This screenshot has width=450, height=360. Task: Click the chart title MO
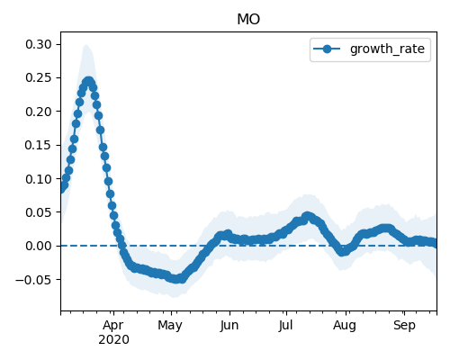tap(248, 19)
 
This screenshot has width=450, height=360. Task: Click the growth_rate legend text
tap(387, 49)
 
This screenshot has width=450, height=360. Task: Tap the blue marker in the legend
tap(327, 49)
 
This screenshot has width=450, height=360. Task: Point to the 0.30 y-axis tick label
tap(39, 44)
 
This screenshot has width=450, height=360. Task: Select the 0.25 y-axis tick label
tap(39, 78)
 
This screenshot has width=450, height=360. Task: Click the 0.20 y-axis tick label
tap(39, 112)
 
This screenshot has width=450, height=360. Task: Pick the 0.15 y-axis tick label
tap(39, 145)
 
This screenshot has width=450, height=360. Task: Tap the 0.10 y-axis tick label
tap(39, 179)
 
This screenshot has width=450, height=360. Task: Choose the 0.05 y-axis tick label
tap(39, 212)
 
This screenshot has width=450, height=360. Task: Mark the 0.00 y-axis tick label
tap(39, 246)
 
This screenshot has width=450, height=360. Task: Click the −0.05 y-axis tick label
tap(34, 280)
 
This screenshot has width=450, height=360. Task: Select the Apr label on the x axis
tap(113, 326)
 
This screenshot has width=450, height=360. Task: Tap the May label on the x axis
tap(170, 326)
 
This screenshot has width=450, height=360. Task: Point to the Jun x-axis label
tap(229, 325)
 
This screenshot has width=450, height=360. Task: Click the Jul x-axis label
tap(285, 325)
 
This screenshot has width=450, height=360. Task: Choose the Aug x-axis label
tap(345, 326)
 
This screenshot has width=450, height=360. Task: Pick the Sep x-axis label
tap(404, 326)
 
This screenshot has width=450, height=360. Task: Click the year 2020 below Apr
tap(113, 339)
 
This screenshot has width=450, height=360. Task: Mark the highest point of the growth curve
tap(88, 81)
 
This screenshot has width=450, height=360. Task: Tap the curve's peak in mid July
tap(307, 216)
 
